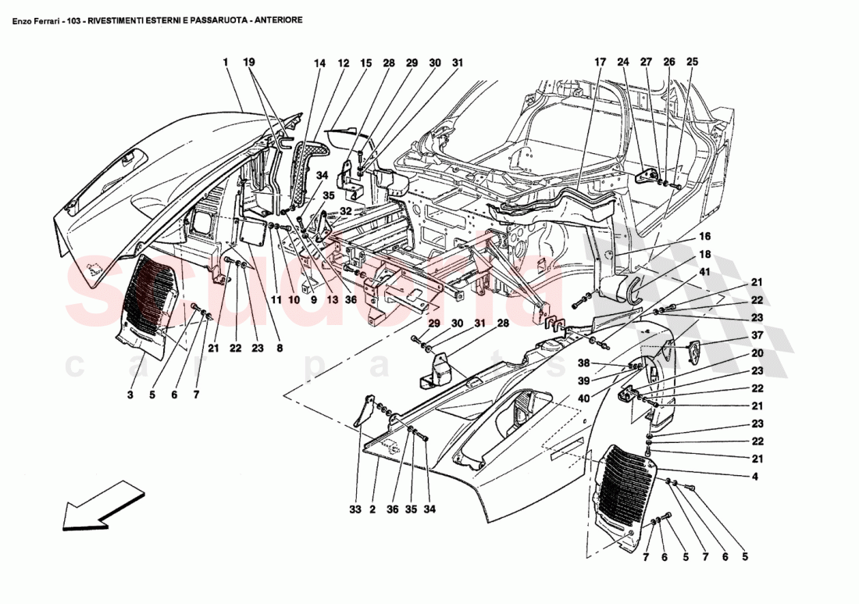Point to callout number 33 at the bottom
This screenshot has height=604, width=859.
click(x=356, y=510)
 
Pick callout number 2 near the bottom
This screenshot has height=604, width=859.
click(x=373, y=510)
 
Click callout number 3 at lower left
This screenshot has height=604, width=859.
click(x=130, y=395)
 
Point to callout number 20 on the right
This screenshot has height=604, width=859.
click(x=757, y=352)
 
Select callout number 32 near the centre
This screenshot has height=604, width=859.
click(x=345, y=211)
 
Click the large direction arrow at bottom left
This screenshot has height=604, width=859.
click(x=102, y=505)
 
